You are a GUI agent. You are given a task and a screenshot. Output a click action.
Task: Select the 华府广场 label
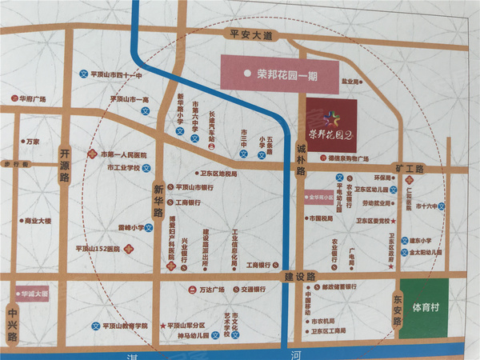pos(32,99)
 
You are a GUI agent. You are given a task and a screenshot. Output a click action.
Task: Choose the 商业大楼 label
pos(38,220)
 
